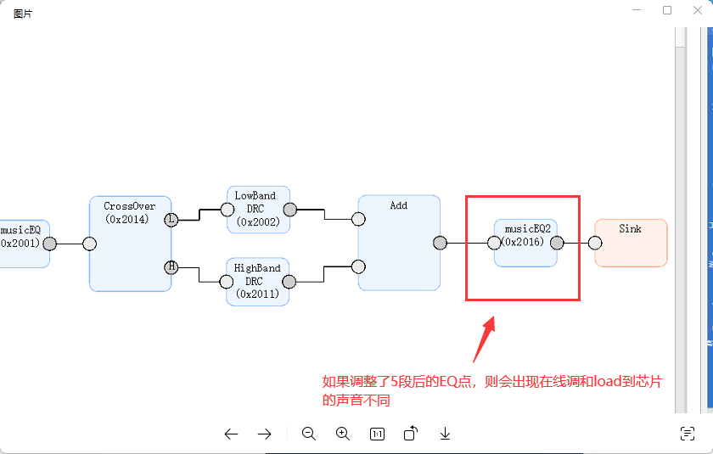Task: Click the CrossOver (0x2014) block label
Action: [130, 213]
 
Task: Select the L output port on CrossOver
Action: [171, 220]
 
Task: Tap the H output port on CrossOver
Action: [171, 267]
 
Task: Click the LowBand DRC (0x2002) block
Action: [258, 210]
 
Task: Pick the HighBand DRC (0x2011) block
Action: [257, 282]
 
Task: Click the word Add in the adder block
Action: [399, 205]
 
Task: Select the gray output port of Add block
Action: [440, 244]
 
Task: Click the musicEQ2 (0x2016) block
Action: [525, 244]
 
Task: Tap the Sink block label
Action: [630, 228]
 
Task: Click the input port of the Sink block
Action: [595, 244]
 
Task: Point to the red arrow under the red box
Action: [485, 339]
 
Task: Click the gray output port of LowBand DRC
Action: [290, 210]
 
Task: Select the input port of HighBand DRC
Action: [227, 282]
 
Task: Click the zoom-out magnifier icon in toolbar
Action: [309, 434]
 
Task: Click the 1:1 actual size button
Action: [377, 434]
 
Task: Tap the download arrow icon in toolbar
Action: [445, 434]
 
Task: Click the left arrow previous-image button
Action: [231, 434]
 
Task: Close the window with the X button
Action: [698, 10]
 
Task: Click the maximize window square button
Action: [667, 10]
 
